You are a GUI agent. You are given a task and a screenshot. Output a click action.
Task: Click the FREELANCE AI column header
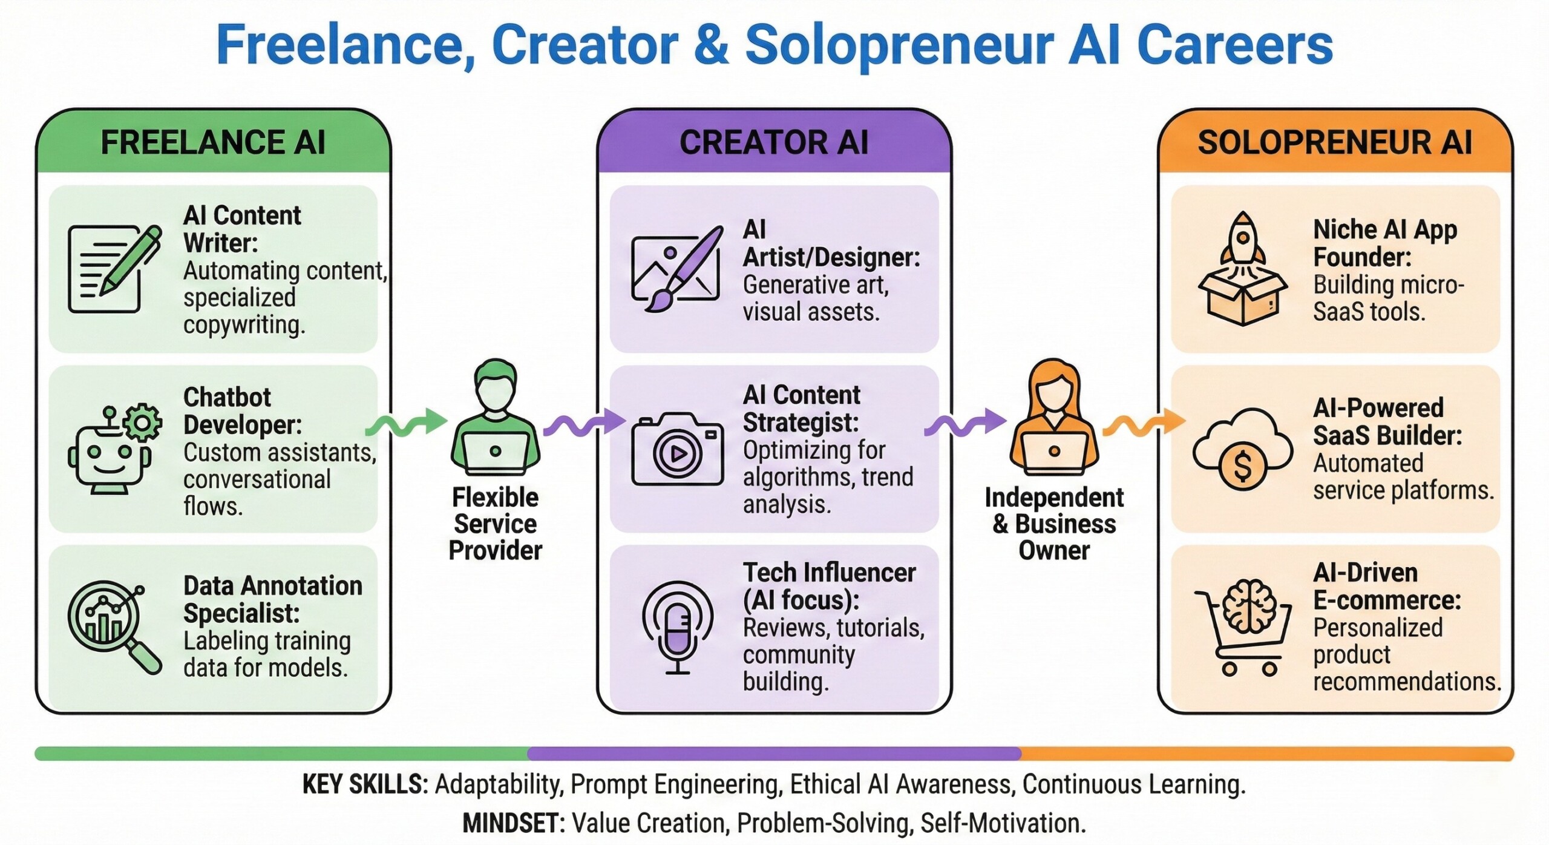click(213, 143)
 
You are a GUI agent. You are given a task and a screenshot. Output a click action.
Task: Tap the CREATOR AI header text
click(774, 143)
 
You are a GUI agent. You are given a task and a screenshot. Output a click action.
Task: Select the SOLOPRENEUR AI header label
click(1335, 143)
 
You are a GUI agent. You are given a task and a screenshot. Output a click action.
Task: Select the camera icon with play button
click(677, 449)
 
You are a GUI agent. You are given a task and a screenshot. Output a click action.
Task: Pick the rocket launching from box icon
click(1242, 268)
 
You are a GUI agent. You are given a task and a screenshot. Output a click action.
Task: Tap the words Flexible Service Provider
click(496, 524)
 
